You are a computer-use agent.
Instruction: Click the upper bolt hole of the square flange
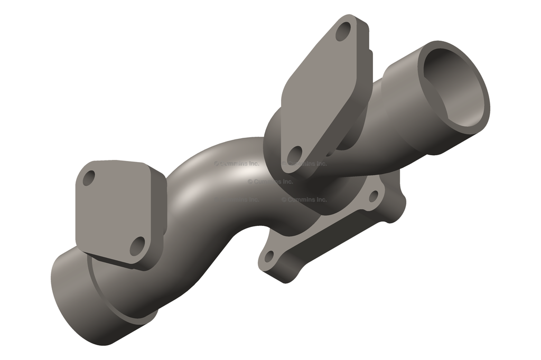pos(89,177)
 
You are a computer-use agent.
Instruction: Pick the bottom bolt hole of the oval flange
pos(295,155)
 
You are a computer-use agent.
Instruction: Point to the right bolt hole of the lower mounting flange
pos(374,196)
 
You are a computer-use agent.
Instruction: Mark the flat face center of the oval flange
pos(320,92)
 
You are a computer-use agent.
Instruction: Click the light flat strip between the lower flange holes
pos(322,227)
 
